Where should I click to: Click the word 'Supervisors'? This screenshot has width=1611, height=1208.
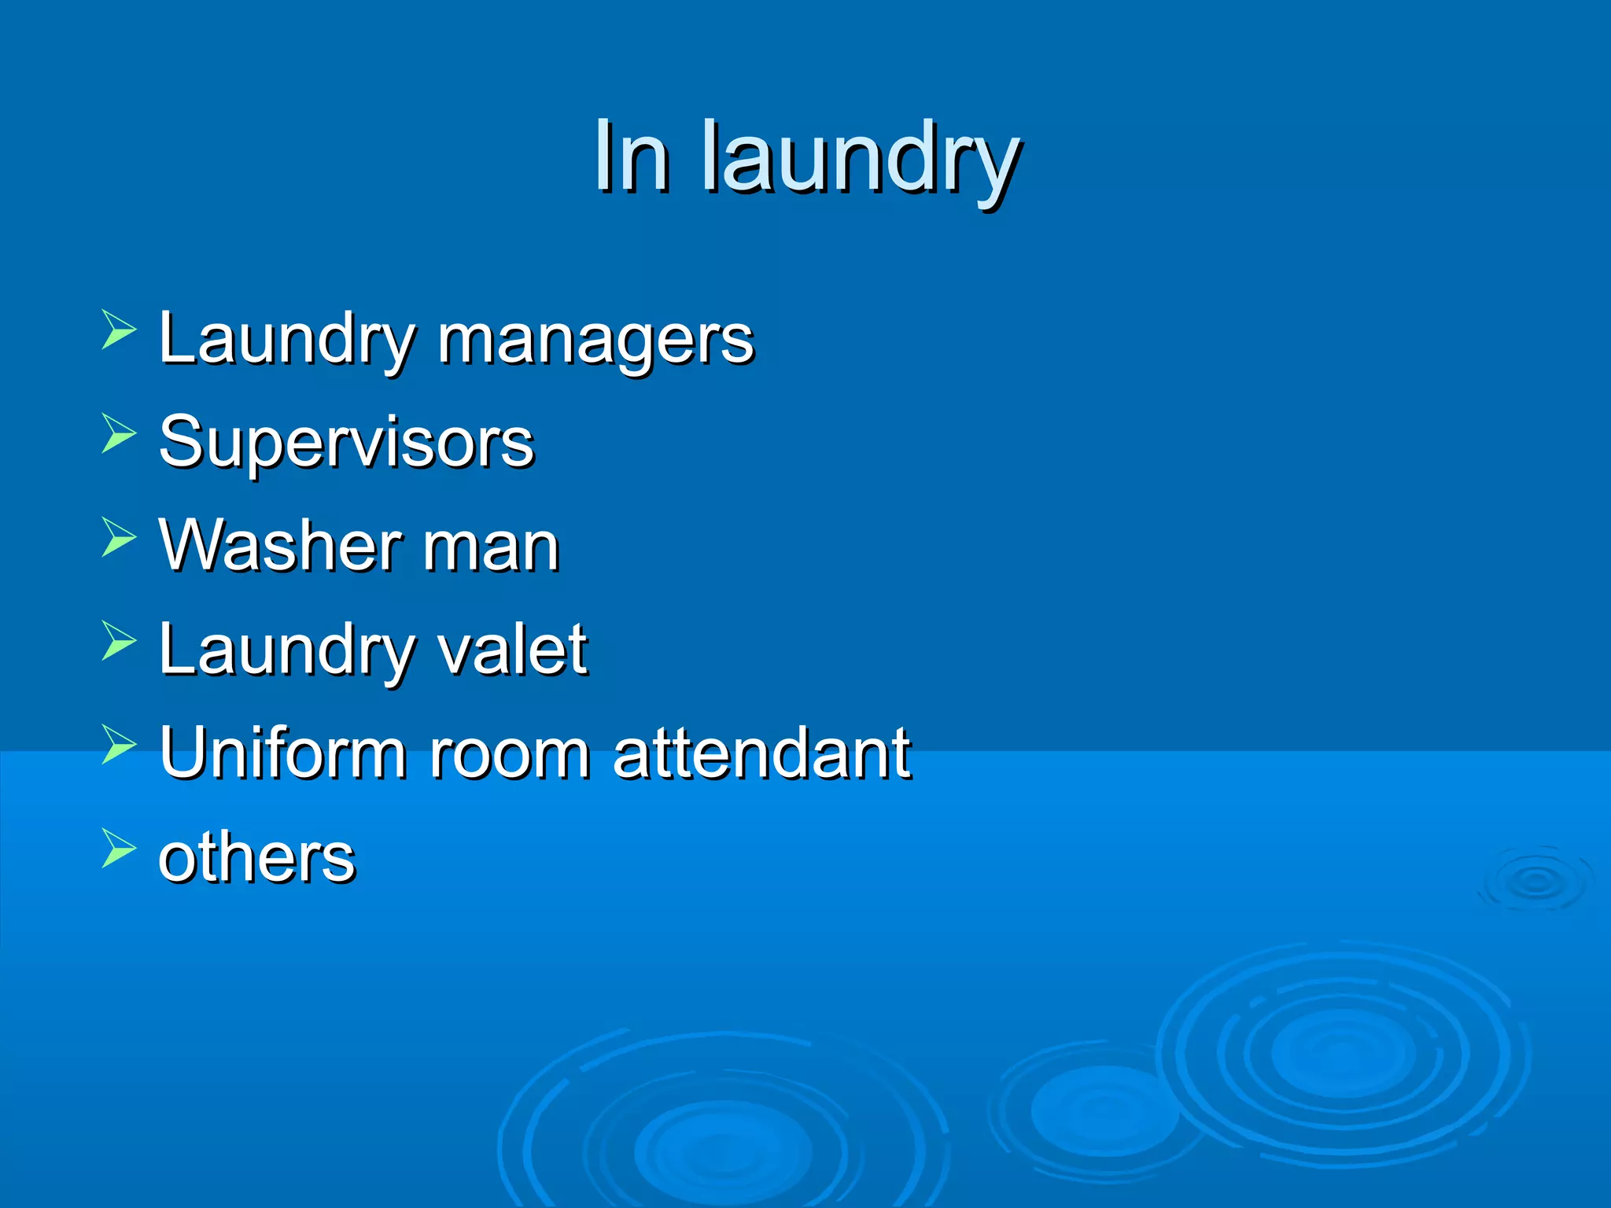(346, 442)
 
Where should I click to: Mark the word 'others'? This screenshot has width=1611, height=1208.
(256, 856)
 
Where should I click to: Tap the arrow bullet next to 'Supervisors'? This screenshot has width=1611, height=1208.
(119, 433)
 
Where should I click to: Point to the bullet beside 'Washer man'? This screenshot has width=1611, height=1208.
(119, 536)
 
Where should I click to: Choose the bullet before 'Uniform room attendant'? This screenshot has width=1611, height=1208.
(119, 743)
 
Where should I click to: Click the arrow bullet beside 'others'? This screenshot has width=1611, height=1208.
(119, 848)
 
